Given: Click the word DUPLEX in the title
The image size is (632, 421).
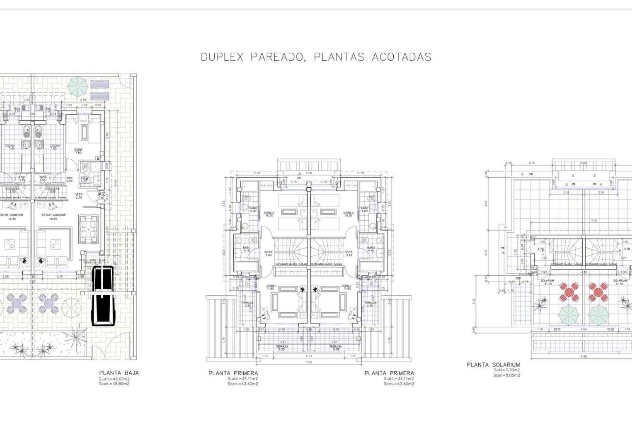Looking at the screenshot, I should point(222,57).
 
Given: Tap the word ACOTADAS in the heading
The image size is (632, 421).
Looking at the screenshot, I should point(401,57).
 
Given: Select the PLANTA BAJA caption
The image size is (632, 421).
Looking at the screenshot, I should point(119,373).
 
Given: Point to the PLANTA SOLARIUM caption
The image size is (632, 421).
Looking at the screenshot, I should point(493,365).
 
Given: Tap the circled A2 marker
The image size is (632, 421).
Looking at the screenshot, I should point(102,194).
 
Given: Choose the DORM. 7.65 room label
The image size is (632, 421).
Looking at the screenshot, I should point(78,151).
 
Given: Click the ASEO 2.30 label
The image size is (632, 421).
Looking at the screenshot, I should point(84,179).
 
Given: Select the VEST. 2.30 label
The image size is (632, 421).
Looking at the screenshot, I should point(79,196).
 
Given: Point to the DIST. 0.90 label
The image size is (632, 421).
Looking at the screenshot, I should point(69,179).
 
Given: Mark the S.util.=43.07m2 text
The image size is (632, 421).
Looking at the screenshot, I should point(114,379).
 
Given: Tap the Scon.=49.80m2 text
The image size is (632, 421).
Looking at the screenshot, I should point(114,384).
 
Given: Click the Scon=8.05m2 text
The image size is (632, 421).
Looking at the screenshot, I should point(507,375).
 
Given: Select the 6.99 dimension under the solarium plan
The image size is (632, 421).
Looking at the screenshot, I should point(584,356).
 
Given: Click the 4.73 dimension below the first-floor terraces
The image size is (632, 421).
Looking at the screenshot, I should point(308,356).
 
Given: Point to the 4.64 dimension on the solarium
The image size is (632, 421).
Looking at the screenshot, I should point(584,329).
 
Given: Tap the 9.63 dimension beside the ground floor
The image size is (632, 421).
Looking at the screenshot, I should point(115,182).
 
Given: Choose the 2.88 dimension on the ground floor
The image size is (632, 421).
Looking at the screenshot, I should point(84,100).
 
